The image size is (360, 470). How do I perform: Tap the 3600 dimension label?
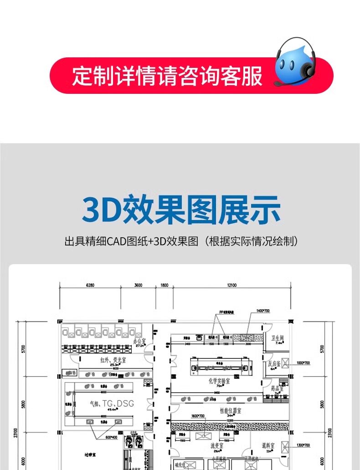(x=138, y=286)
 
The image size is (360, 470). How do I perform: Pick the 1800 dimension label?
(x=164, y=286)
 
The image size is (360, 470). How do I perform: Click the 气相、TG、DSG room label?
(x=110, y=404)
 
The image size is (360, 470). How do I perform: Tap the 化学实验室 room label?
(x=219, y=381)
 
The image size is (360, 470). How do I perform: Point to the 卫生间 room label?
(x=278, y=338)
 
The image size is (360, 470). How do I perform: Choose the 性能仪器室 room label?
(x=231, y=410)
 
